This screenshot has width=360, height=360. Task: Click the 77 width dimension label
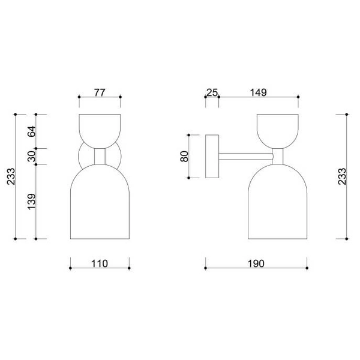coord(100,92)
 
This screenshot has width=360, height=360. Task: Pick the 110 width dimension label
coord(100,263)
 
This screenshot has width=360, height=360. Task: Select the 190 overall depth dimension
coord(256,263)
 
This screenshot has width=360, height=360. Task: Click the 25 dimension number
coord(212,92)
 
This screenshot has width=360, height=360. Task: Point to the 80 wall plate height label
coord(184,156)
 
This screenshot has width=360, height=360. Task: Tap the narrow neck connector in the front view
coord(100,157)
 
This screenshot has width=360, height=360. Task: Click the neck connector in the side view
coord(277,157)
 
